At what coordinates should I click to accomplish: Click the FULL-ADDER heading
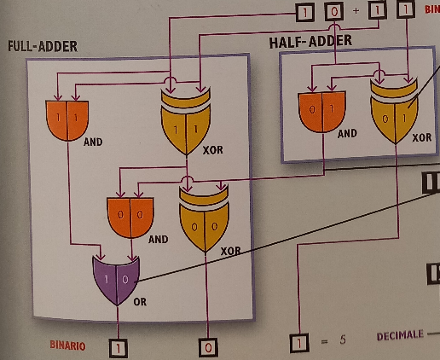click(43, 46)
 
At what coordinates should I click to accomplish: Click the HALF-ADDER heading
click(310, 42)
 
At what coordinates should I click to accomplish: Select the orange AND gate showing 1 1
click(67, 120)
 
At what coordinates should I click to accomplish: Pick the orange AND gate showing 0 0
click(130, 218)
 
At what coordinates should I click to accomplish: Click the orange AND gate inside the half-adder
click(321, 112)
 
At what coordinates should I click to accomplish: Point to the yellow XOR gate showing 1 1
click(186, 122)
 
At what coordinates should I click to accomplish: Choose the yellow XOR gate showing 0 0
click(204, 218)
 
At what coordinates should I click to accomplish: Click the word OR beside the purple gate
click(140, 302)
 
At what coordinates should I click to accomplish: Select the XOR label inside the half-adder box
click(422, 137)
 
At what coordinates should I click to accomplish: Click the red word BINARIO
click(67, 345)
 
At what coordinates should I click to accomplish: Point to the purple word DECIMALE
click(400, 336)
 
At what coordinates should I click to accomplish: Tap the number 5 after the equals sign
click(343, 340)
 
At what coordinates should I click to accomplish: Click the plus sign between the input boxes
click(356, 11)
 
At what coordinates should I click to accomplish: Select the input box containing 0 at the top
click(334, 12)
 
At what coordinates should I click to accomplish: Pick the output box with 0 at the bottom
click(208, 347)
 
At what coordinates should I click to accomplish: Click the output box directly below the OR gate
click(119, 348)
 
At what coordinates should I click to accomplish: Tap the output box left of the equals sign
click(299, 343)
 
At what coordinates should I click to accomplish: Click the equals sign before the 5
click(324, 340)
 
